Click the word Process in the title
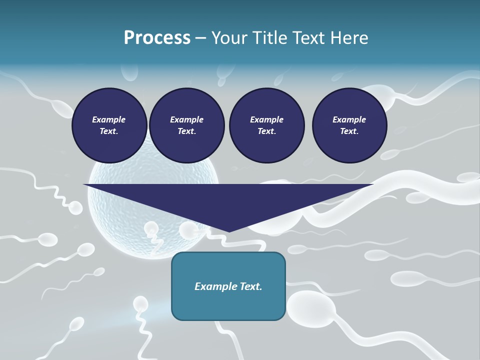tap(157, 37)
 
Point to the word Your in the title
tap(230, 37)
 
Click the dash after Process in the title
tap(200, 38)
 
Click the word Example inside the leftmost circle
tap(109, 119)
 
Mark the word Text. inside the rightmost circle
tap(349, 131)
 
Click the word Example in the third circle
tap(266, 119)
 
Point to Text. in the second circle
tap(186, 131)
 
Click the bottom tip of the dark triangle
tap(228, 231)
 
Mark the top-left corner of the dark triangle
tap(84, 184)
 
